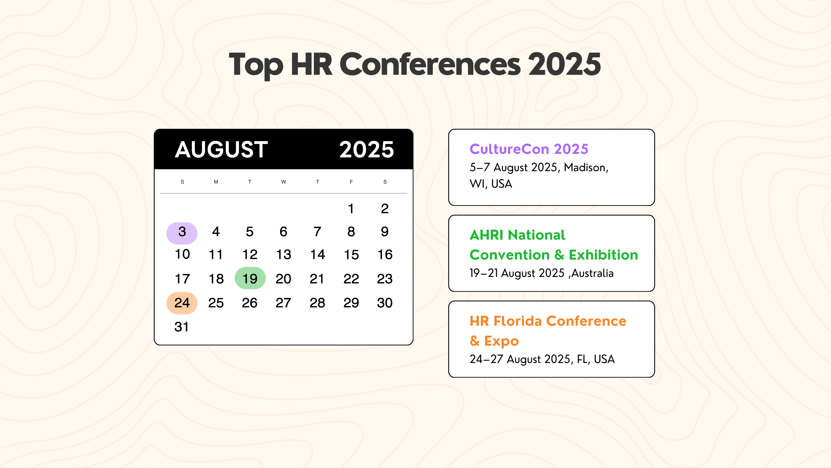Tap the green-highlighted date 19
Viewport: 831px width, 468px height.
point(250,278)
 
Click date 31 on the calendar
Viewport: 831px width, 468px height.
point(182,327)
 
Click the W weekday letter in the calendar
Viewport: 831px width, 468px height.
point(283,182)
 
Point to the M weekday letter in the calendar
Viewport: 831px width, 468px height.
point(216,182)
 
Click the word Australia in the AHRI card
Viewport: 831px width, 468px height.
point(592,273)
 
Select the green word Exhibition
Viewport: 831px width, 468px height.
point(603,255)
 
